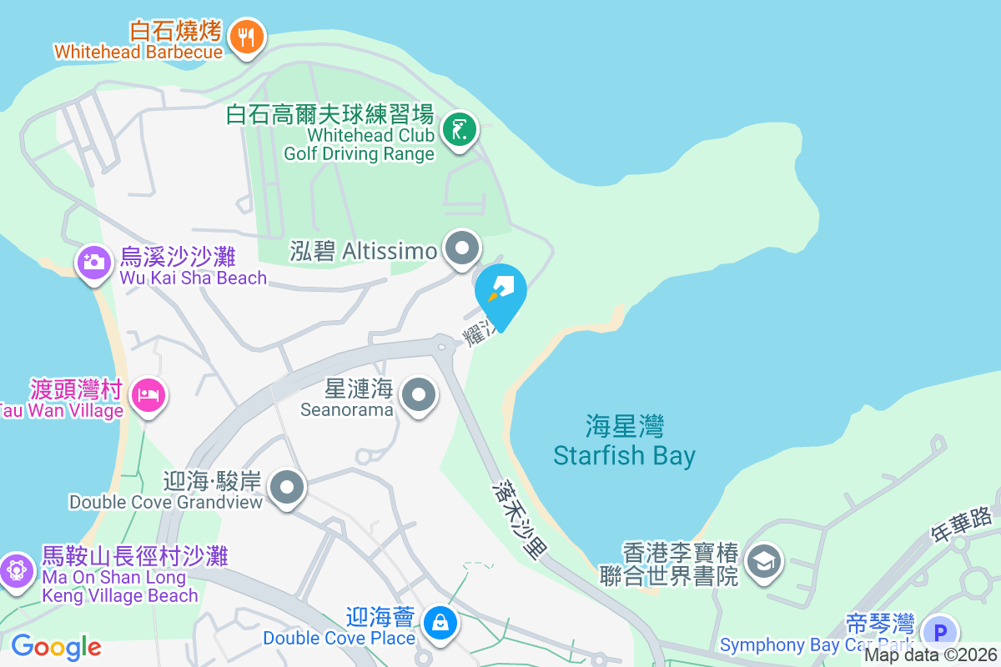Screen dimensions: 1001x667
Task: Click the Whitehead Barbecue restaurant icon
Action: coord(246,37)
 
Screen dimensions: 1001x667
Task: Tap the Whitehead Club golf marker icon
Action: coord(459,130)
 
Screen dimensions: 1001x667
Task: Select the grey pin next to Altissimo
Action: coord(462,248)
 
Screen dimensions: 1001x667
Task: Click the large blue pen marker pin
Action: coord(501,292)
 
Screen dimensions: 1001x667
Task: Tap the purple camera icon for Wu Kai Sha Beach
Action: coord(94,263)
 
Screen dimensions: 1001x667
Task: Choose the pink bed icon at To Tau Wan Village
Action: coord(149,394)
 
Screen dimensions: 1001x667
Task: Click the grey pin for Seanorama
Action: coord(419,395)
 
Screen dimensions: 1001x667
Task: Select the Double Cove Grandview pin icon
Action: coord(289,487)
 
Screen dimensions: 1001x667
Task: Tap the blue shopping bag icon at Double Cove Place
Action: coord(438,622)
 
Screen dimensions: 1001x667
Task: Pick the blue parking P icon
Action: coord(941,631)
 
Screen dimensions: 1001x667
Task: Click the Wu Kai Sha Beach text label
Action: coord(193,266)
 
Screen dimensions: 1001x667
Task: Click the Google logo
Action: coord(56,647)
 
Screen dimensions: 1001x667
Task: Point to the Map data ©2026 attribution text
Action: coord(930,655)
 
